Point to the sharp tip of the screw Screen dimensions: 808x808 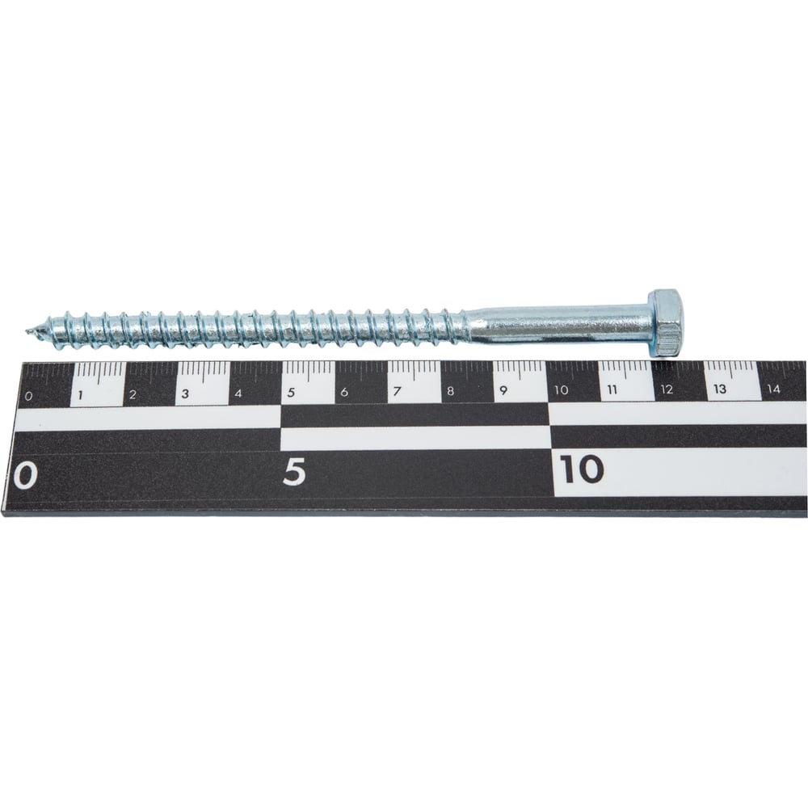click(26, 329)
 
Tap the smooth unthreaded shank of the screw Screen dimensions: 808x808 click(557, 324)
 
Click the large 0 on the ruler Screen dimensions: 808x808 click(25, 476)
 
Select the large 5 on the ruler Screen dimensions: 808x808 click(294, 472)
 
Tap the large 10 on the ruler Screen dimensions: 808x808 click(581, 469)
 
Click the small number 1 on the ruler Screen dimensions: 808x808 click(80, 396)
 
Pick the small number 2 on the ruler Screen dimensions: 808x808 click(133, 395)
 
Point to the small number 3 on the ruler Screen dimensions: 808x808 click(186, 394)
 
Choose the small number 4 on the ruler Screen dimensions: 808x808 click(238, 393)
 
